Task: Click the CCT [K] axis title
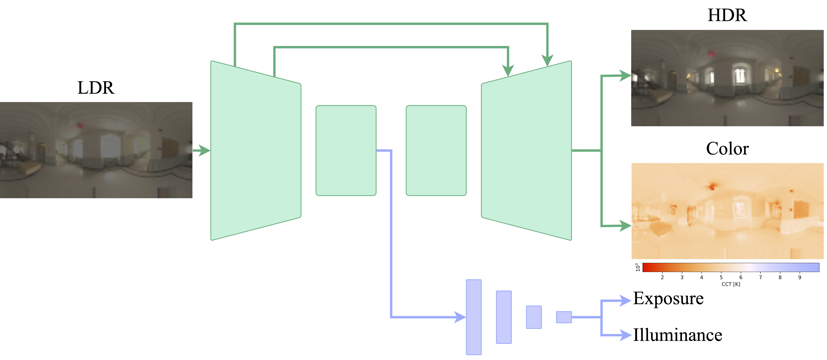[x=731, y=284]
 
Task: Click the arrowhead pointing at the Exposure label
[x=625, y=301]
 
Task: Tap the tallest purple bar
[x=474, y=317]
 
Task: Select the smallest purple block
[x=564, y=317]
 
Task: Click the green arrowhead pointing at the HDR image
[x=625, y=76]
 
